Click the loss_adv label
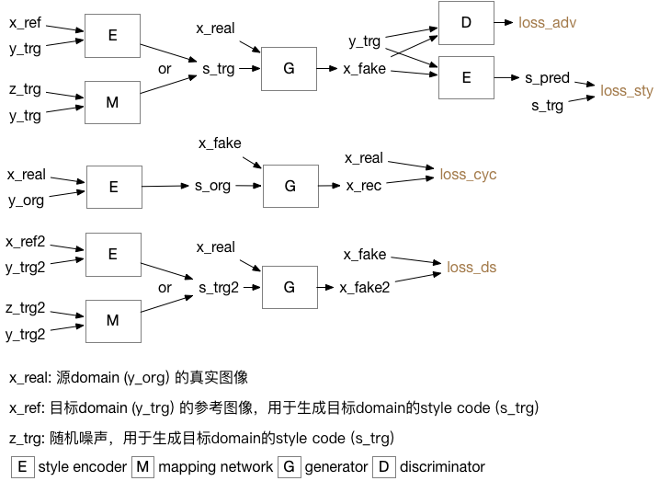click(547, 20)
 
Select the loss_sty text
click(626, 91)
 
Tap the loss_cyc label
click(468, 175)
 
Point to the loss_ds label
click(472, 268)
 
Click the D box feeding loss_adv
click(466, 22)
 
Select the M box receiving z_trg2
click(113, 321)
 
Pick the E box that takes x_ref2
click(113, 255)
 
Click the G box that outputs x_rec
click(290, 187)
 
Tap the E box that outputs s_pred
click(466, 78)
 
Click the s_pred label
click(548, 78)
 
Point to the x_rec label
click(363, 186)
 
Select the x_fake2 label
click(365, 287)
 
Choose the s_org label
click(212, 186)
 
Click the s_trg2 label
click(219, 287)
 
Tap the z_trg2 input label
click(26, 309)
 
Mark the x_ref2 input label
click(26, 242)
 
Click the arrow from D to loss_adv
click(504, 21)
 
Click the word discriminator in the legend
click(442, 466)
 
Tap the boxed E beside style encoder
click(22, 466)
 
